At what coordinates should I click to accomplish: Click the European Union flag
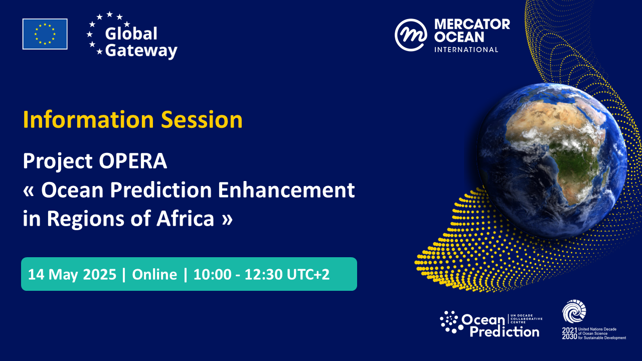coord(45,34)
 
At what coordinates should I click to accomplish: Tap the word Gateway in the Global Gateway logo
coord(141,51)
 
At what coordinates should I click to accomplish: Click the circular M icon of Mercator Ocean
coord(411,35)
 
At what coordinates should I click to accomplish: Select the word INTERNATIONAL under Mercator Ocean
coord(466,50)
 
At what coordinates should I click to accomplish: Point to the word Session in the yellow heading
coord(202,119)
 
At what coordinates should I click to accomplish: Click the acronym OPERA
coord(133,161)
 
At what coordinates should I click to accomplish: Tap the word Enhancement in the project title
coord(286,190)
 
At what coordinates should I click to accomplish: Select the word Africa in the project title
coord(186,219)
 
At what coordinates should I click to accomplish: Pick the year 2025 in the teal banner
coord(99,274)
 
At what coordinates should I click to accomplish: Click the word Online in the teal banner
coord(154,274)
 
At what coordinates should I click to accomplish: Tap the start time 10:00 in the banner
coord(212,274)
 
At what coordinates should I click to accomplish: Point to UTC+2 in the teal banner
coord(308,274)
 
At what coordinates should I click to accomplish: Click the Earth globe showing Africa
coord(552,160)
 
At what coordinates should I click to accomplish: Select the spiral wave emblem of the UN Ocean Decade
coord(574,311)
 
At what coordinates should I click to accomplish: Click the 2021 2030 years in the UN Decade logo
coord(569,333)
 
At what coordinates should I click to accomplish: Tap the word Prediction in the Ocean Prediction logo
coord(505,332)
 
